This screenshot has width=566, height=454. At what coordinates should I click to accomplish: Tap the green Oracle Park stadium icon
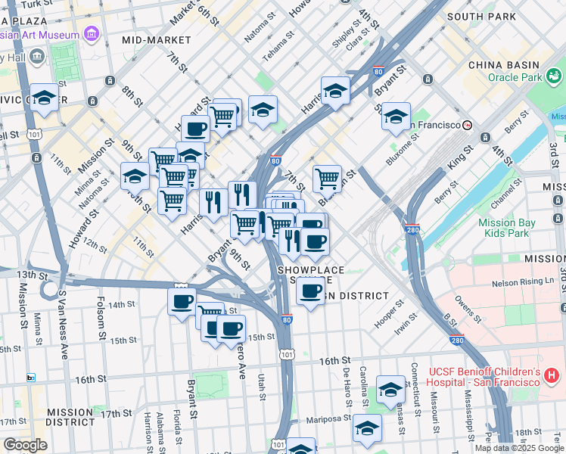[554, 76]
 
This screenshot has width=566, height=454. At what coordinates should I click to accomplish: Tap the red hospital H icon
[551, 375]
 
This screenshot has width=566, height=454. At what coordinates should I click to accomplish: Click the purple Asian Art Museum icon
[92, 34]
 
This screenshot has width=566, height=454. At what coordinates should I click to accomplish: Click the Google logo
[25, 445]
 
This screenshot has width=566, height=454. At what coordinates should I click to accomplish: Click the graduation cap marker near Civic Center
[45, 97]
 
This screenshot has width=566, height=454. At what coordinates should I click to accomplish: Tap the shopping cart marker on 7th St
[327, 179]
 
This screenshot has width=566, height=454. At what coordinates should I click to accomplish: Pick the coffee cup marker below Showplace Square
[309, 291]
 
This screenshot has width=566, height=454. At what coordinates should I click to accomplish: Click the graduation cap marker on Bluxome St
[396, 117]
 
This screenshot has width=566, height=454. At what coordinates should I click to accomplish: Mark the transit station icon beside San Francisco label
[468, 125]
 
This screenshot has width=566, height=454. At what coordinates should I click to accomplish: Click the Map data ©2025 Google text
[518, 447]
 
